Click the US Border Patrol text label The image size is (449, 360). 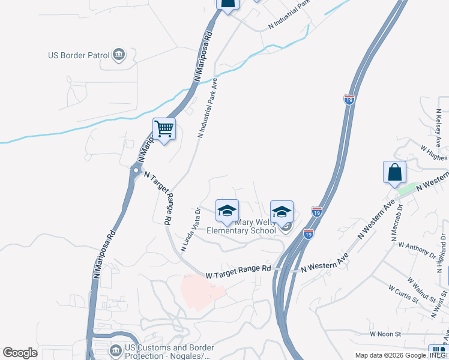(x=79, y=56)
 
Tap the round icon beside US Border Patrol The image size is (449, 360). (x=118, y=55)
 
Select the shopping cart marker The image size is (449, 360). (x=164, y=129)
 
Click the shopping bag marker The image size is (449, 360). (x=394, y=172)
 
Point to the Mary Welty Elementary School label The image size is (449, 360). (x=241, y=226)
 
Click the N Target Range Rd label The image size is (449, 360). (x=157, y=197)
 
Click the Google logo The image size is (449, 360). (x=20, y=353)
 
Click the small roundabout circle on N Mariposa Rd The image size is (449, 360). (x=136, y=170)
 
